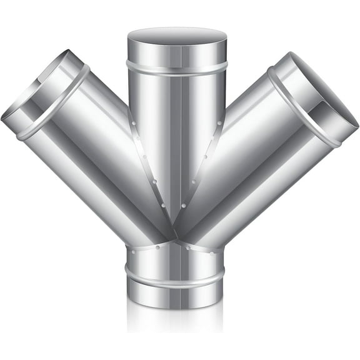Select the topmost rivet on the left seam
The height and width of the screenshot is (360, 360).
click(134, 123)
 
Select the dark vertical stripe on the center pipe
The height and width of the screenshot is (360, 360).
click(177, 137)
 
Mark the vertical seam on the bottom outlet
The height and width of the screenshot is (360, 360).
click(177, 262)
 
